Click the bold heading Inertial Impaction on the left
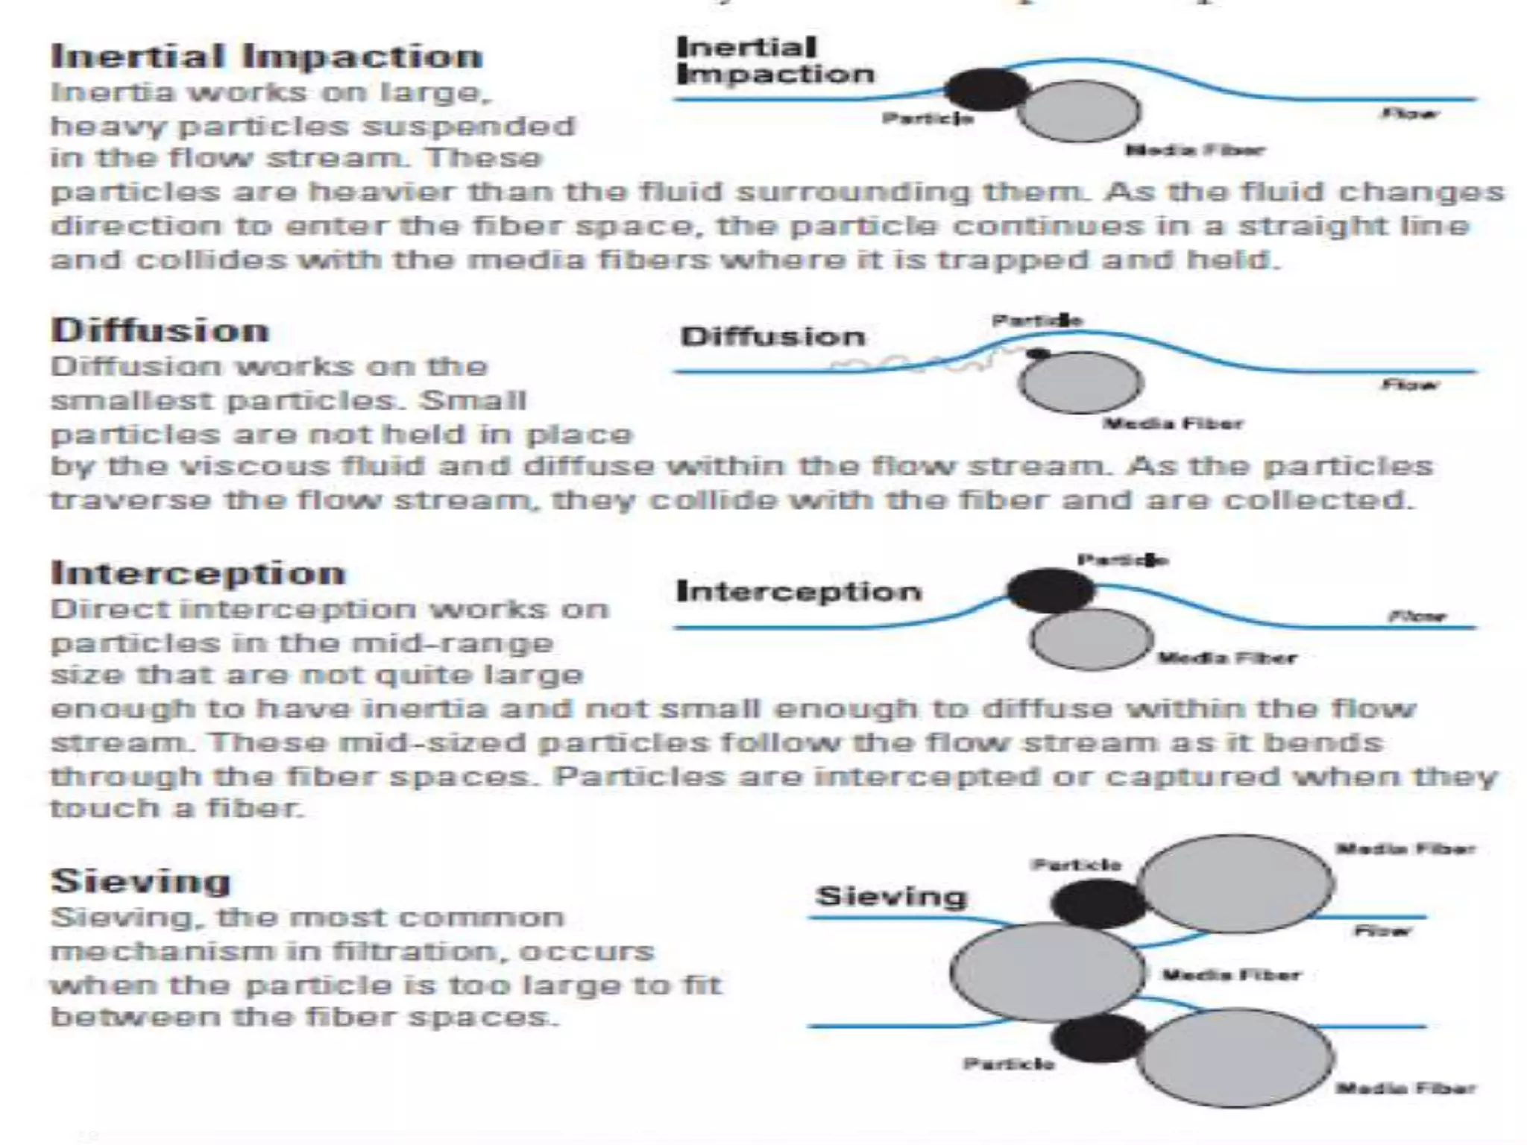[x=266, y=57]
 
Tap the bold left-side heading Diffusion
[x=160, y=331]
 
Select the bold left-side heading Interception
[x=198, y=573]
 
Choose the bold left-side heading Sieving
[x=140, y=881]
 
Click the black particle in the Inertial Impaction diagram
[x=986, y=89]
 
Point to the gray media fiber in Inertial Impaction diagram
[x=1079, y=111]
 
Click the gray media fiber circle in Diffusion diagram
[x=1080, y=382]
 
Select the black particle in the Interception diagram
[x=1051, y=590]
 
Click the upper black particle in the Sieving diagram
[x=1098, y=903]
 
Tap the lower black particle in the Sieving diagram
[x=1098, y=1038]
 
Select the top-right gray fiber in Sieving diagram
[x=1235, y=884]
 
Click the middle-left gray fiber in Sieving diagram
[x=1047, y=972]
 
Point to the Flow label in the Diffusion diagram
[x=1410, y=385]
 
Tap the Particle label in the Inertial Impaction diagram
[x=928, y=119]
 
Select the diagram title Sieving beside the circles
[x=891, y=895]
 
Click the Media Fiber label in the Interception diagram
[x=1227, y=657]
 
